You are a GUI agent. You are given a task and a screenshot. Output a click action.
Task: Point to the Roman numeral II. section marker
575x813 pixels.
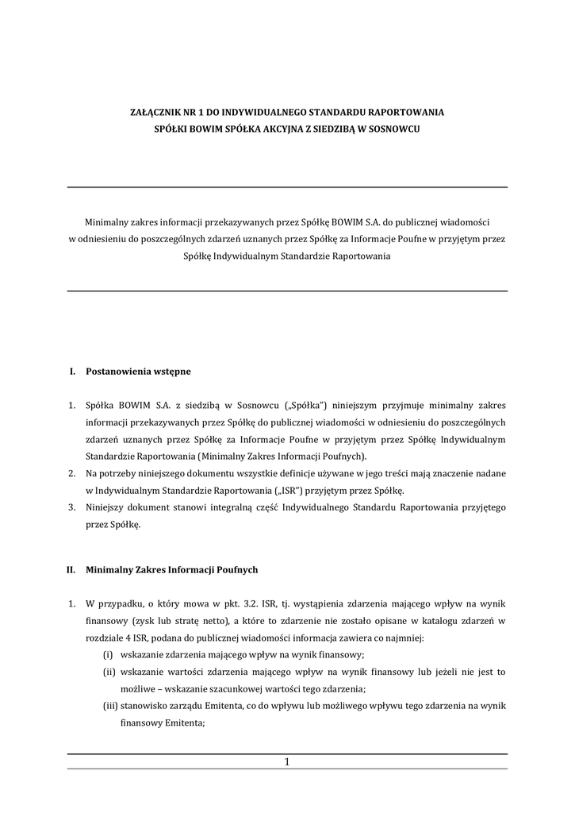click(x=70, y=569)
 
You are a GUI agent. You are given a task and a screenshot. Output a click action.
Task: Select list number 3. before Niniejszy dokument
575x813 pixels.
click(x=71, y=507)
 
